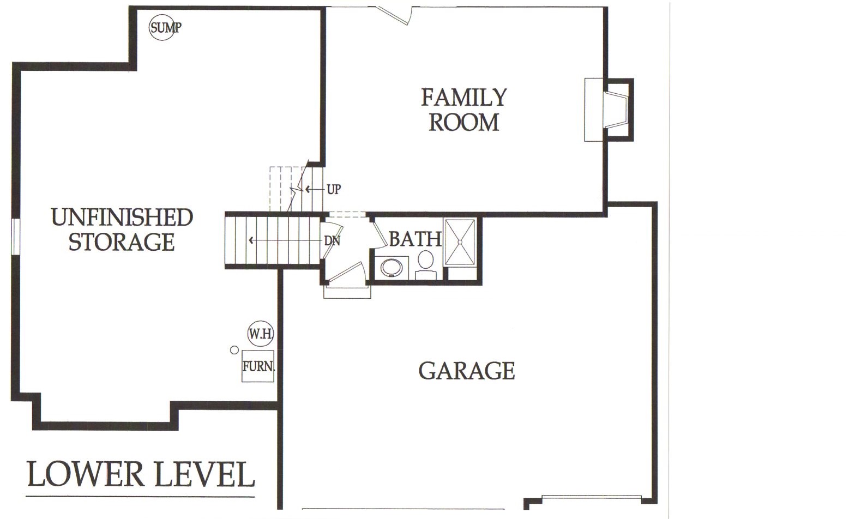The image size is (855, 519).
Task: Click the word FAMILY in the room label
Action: click(463, 97)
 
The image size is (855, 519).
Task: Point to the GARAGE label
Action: click(467, 371)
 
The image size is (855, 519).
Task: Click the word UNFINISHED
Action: click(122, 217)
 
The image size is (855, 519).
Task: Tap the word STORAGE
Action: click(122, 242)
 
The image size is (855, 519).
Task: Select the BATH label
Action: click(416, 239)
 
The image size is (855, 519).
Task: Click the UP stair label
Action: click(334, 189)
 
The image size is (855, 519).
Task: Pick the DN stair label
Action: click(332, 241)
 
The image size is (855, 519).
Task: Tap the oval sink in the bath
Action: click(392, 268)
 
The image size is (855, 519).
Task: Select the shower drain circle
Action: click(460, 242)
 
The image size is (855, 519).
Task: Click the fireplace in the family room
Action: click(609, 110)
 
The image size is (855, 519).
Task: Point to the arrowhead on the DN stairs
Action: click(251, 240)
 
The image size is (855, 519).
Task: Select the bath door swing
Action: click(380, 233)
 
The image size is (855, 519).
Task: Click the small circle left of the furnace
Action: click(234, 350)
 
